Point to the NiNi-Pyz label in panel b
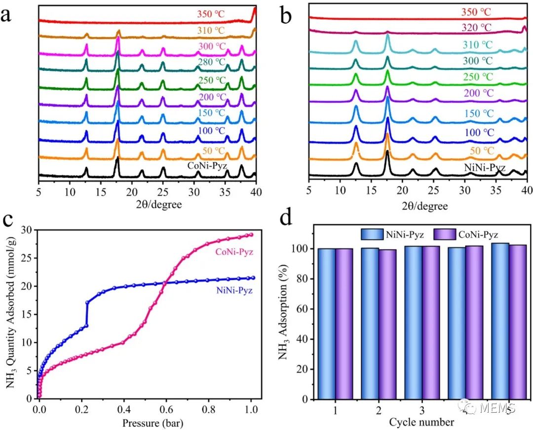(484, 168)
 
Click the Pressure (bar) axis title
(147, 423)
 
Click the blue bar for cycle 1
(327, 324)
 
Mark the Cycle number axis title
(421, 422)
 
